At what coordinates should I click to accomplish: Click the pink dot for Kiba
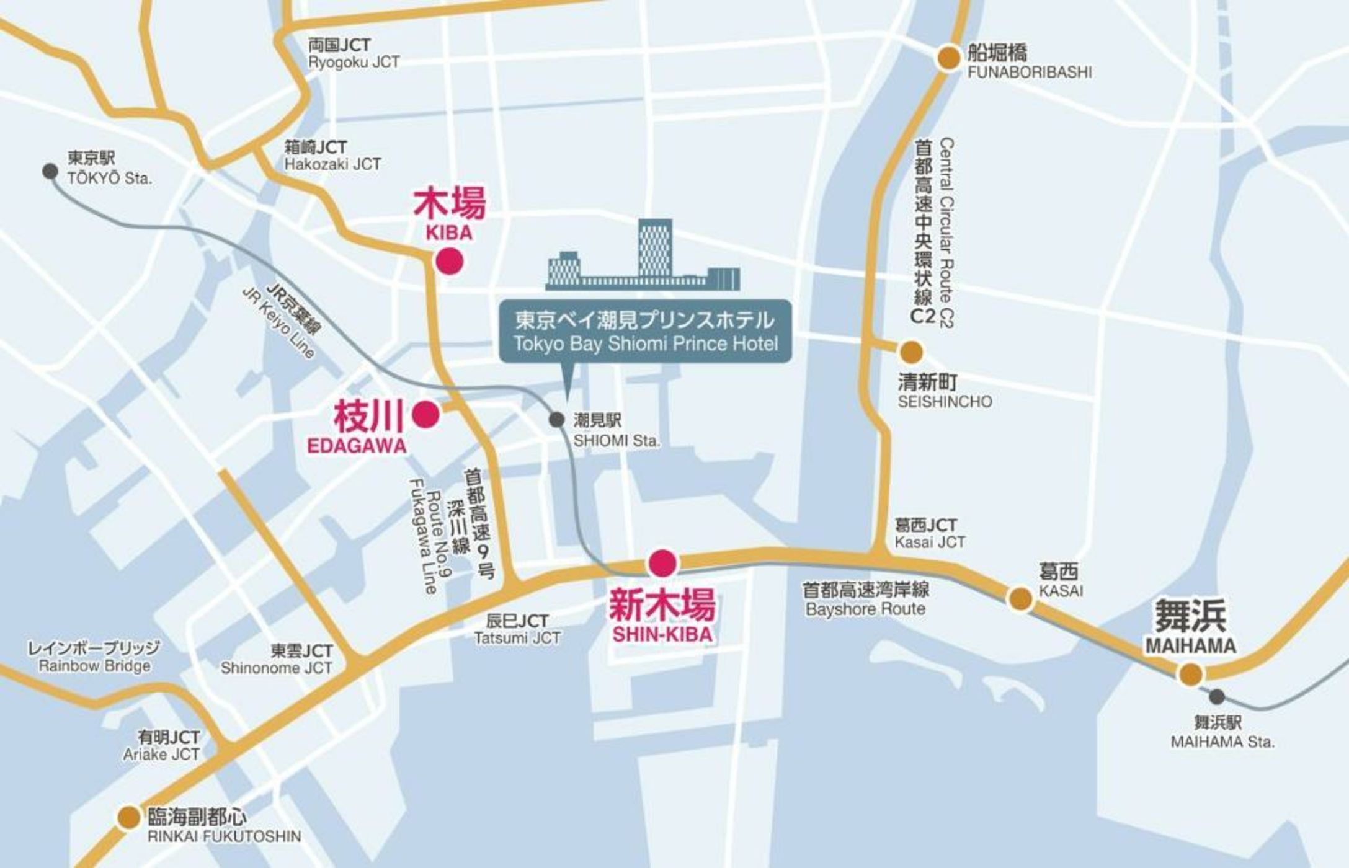pyautogui.click(x=450, y=261)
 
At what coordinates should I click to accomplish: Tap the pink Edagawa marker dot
pyautogui.click(x=426, y=414)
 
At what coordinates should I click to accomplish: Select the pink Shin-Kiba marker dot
pyautogui.click(x=662, y=563)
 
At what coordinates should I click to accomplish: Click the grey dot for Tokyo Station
pyautogui.click(x=50, y=171)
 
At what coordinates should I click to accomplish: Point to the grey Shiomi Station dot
pyautogui.click(x=557, y=420)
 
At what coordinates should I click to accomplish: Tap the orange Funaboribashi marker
pyautogui.click(x=948, y=58)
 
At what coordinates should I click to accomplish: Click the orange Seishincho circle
pyautogui.click(x=910, y=352)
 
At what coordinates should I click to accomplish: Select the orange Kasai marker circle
pyautogui.click(x=1020, y=599)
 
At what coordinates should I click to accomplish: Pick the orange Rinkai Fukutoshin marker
pyautogui.click(x=129, y=817)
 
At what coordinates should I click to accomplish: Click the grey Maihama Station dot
pyautogui.click(x=1218, y=697)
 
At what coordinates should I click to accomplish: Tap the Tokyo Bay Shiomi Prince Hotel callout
pyautogui.click(x=646, y=331)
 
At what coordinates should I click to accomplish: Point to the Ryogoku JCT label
pyautogui.click(x=354, y=53)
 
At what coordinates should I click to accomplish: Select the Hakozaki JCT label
pyautogui.click(x=332, y=156)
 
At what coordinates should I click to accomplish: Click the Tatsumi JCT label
pyautogui.click(x=517, y=629)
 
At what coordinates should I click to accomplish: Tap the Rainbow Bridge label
pyautogui.click(x=94, y=657)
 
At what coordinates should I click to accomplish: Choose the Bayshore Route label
pyautogui.click(x=865, y=599)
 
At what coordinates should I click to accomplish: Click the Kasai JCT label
pyautogui.click(x=929, y=534)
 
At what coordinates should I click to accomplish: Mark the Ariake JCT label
pyautogui.click(x=161, y=746)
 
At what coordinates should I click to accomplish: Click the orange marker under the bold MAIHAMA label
pyautogui.click(x=1190, y=674)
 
